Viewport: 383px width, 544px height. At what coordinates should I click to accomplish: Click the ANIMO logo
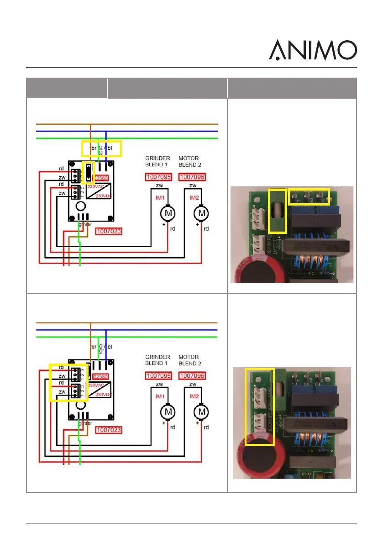312,50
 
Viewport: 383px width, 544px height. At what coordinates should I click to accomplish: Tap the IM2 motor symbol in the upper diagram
201,213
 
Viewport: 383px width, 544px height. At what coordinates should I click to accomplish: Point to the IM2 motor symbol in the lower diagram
201,412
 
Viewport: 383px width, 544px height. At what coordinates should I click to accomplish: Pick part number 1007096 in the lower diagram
192,376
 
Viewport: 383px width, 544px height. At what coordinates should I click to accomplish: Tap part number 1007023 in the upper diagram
109,232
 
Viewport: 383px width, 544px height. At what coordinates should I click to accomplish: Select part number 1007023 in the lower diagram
109,430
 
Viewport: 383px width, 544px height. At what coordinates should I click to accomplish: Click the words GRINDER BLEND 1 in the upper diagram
158,161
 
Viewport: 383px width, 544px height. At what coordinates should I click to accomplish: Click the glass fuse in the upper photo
277,211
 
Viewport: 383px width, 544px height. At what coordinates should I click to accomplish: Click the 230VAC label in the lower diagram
96,386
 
